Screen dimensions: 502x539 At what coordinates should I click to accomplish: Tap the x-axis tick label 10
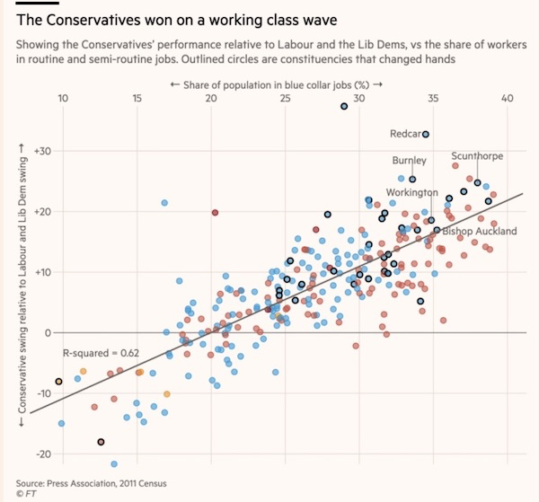click(64, 99)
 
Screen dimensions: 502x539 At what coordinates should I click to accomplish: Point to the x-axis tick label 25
click(285, 99)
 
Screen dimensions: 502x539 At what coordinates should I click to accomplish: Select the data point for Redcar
click(426, 134)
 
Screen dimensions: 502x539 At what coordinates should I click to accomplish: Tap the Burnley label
click(409, 161)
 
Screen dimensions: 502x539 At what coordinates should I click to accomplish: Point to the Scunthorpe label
click(477, 155)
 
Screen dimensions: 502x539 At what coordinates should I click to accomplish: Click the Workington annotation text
click(411, 192)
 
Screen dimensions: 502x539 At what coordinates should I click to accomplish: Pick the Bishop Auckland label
click(480, 231)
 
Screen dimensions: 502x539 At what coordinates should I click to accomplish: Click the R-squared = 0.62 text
click(94, 354)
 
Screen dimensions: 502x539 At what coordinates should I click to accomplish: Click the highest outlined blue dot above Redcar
click(343, 107)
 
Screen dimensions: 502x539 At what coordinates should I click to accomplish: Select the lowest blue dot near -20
click(114, 463)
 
